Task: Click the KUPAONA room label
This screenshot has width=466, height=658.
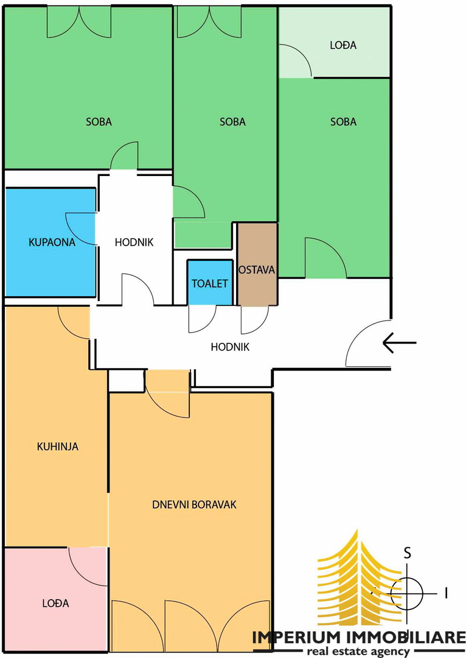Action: pos(52,242)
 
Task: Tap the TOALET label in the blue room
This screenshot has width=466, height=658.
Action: pos(210,284)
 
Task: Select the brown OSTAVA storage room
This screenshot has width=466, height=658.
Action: pos(257,264)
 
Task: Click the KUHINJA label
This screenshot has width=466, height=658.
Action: pos(58,446)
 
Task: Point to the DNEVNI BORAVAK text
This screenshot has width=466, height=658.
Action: pos(195,504)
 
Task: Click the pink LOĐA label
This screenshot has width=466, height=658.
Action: pos(56,603)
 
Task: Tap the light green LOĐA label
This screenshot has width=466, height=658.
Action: pos(343,45)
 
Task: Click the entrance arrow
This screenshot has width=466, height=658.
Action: pos(399,343)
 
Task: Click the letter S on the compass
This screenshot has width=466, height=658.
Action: pos(407,553)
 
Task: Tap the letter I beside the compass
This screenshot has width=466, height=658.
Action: pos(447,593)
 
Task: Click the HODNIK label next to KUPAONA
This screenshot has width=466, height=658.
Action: pos(134,242)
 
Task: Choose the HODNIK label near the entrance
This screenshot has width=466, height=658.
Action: pos(230,347)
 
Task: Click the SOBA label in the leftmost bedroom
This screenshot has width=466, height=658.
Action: pos(99,122)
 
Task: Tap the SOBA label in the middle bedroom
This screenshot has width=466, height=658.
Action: pos(232,122)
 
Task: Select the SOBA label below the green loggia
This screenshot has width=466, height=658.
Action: pos(343,122)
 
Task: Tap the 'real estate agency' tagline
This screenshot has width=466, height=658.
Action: pos(358,652)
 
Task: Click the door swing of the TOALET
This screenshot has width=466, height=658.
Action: pos(203,319)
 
